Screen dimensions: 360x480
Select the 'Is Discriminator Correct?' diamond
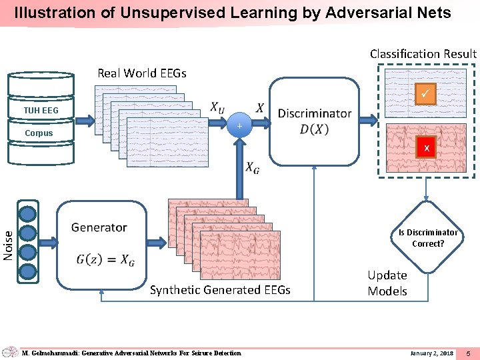(428, 237)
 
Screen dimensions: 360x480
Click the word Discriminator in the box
(314, 113)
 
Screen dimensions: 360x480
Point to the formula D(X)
(314, 129)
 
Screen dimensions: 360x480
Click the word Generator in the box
(99, 227)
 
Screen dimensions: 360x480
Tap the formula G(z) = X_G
(106, 260)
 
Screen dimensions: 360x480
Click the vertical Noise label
(8, 245)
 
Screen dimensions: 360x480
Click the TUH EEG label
(41, 110)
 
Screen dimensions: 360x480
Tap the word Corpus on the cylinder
(39, 133)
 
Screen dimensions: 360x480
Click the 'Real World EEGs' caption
(142, 73)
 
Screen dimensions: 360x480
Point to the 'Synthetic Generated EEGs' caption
(220, 290)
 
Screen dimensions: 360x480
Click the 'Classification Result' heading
(423, 53)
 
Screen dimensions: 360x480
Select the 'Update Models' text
(387, 283)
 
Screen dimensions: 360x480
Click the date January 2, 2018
(431, 353)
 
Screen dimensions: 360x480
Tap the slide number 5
(468, 353)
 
